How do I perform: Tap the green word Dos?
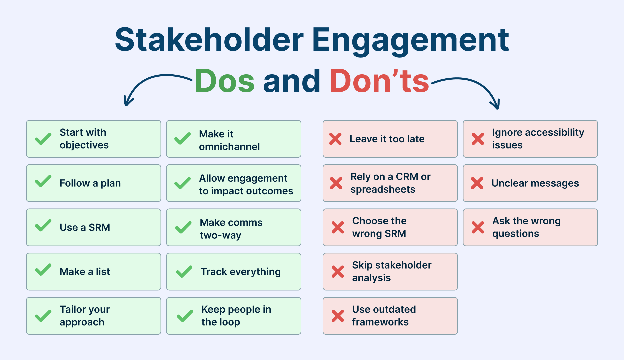tap(225, 81)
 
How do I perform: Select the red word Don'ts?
tap(379, 81)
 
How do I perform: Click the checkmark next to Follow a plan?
tap(43, 181)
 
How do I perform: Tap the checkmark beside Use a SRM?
tap(43, 226)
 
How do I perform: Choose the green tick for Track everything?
tap(184, 272)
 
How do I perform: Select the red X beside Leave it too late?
tap(335, 139)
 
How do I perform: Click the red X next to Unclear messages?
tap(477, 183)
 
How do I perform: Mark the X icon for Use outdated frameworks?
tap(338, 316)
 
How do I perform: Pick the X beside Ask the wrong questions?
tap(478, 227)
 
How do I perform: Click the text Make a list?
tap(85, 272)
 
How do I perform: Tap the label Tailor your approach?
tap(85, 316)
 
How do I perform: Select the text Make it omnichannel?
tap(229, 140)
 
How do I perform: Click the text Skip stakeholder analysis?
tap(392, 271)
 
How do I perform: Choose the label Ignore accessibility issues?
tap(538, 139)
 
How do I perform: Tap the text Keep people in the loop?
tap(236, 316)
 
